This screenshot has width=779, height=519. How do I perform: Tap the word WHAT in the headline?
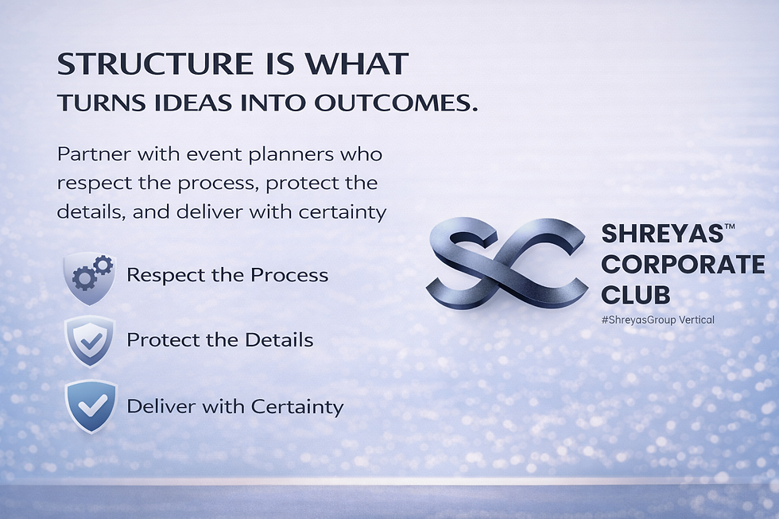pos(357,64)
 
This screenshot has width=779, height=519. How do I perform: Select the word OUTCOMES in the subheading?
pos(396,103)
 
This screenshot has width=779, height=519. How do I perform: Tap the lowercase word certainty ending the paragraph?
pos(343,212)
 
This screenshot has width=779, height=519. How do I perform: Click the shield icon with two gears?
pos(90,278)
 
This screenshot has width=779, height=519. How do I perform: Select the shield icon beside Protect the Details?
pos(90,341)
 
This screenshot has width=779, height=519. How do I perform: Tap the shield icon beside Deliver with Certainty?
pos(91,406)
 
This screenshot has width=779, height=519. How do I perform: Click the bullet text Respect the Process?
pos(227,275)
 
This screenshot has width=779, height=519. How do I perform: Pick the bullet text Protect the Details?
pos(219,340)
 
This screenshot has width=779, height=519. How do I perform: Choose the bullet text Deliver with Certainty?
pos(235,407)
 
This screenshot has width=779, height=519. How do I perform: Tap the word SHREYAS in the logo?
pos(661,234)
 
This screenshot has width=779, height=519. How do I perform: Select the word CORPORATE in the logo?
pos(683,264)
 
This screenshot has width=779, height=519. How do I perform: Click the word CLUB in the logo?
pos(635,295)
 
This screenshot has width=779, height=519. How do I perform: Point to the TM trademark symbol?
pos(730,227)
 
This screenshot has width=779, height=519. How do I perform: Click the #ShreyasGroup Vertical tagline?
pos(658,320)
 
